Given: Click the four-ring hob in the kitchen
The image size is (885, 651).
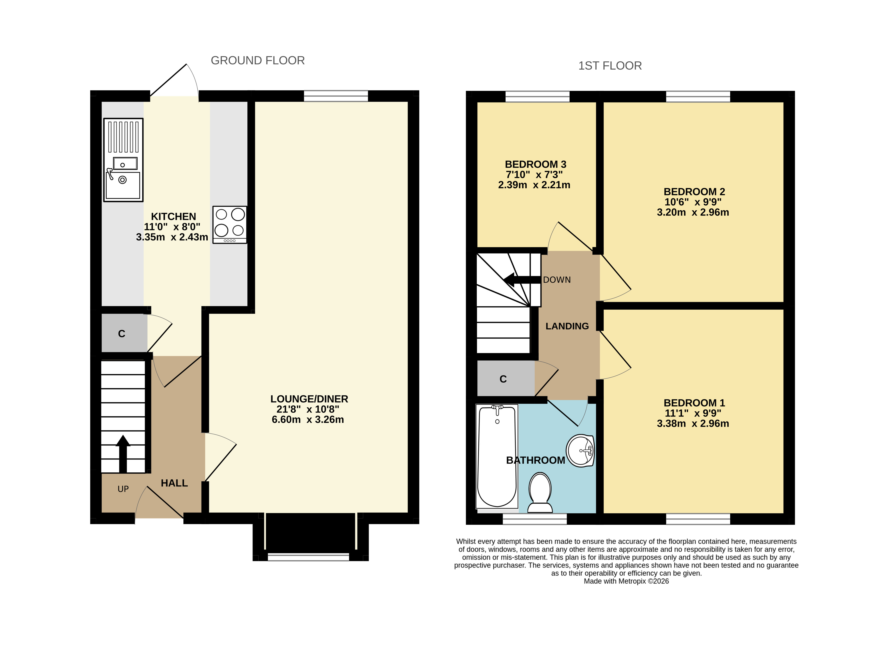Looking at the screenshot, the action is (x=230, y=225).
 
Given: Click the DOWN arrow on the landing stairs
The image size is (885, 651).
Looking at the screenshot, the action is (x=522, y=280).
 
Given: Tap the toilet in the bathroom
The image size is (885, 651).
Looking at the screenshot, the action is (x=540, y=493).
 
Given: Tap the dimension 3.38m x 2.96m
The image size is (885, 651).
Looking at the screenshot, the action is (x=693, y=424).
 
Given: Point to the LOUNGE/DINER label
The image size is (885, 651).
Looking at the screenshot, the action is (x=309, y=399).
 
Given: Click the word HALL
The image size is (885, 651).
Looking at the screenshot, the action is (x=174, y=483).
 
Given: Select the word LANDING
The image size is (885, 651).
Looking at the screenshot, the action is (x=567, y=326).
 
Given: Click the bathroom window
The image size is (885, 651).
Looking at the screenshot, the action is (x=535, y=519).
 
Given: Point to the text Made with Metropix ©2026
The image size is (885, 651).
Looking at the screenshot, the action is (x=626, y=581).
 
